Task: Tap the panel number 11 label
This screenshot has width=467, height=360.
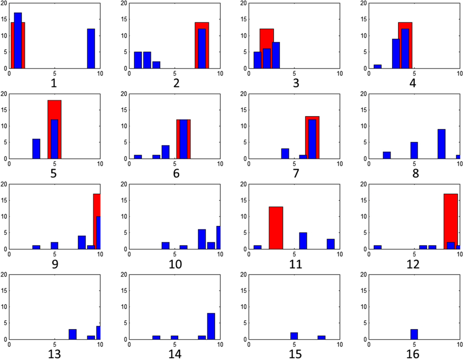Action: tap(296, 263)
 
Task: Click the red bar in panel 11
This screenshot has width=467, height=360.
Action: tap(276, 228)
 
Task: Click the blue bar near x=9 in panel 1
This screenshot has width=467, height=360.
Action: tap(91, 49)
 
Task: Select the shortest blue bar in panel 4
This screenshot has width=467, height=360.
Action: tap(377, 67)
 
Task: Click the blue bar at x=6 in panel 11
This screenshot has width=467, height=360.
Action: tap(303, 241)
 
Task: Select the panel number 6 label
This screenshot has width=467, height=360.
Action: tap(175, 173)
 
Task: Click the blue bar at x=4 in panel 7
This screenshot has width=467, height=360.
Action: tap(285, 153)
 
